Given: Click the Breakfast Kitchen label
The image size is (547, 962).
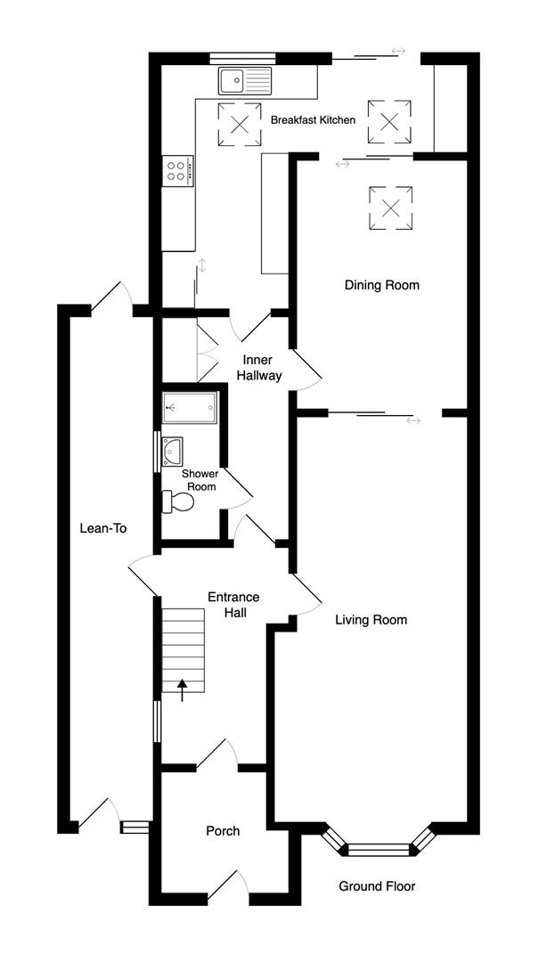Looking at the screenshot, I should click(x=313, y=120).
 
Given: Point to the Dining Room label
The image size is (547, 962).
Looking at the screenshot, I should click(x=381, y=286).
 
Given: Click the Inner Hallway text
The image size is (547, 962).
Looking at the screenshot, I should click(x=259, y=368).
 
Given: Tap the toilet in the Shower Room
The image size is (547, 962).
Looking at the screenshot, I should click(x=178, y=502).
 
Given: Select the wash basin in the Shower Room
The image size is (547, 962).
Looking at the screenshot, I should click(x=171, y=452).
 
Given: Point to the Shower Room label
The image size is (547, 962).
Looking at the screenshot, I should click(x=200, y=480).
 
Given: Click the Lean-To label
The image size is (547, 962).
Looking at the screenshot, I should click(x=103, y=528).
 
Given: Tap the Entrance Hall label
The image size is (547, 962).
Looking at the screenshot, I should click(x=233, y=605).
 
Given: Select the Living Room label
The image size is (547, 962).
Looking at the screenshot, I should click(x=371, y=620).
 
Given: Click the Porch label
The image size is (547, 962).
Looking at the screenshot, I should click(x=223, y=831).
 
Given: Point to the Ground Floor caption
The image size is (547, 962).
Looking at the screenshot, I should click(x=377, y=886).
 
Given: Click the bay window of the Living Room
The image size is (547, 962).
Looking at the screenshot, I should click(x=378, y=848).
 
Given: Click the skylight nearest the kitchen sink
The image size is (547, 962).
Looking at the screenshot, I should click(x=239, y=123).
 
